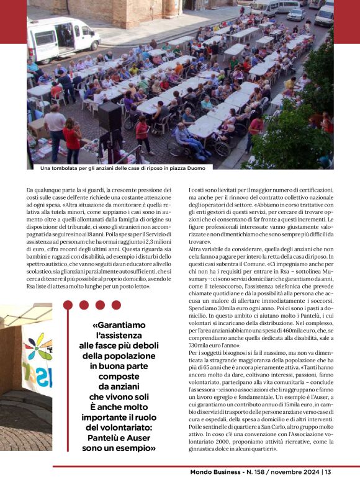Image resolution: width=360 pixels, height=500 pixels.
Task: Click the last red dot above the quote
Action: click(x=117, y=305)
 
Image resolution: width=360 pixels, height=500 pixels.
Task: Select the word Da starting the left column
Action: click(x=30, y=190)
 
